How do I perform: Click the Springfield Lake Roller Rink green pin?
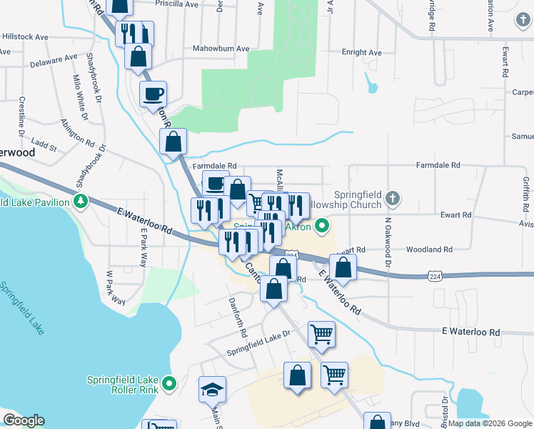(169, 384)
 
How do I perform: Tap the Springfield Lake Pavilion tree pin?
(81, 202)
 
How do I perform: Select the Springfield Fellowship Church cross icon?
(391, 197)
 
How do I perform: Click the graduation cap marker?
(212, 390)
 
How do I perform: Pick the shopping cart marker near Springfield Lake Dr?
(321, 333)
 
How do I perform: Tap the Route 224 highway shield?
(435, 274)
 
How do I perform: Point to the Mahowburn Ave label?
(221, 49)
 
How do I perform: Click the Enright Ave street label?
(362, 52)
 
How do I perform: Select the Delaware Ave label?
(54, 60)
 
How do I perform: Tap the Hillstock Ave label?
(24, 36)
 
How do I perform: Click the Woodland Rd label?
(429, 250)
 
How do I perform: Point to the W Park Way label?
(114, 287)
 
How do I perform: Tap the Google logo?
(24, 420)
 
